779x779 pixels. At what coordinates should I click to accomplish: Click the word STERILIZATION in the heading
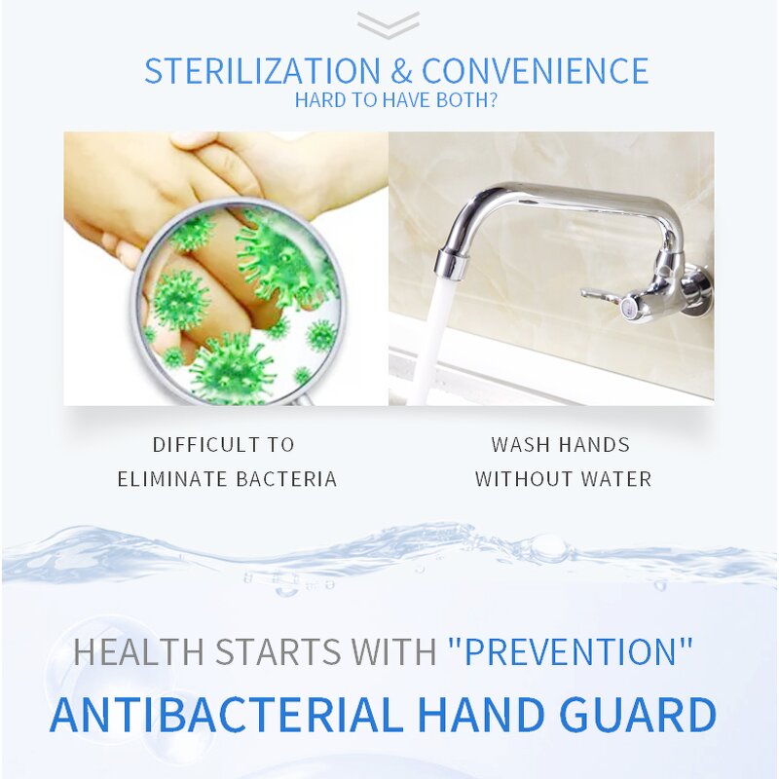[262, 71]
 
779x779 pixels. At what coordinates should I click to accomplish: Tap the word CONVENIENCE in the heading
[535, 71]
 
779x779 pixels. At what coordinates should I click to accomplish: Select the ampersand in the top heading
[402, 71]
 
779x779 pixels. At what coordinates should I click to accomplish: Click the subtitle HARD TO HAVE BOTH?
[396, 100]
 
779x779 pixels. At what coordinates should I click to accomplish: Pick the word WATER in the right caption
[615, 478]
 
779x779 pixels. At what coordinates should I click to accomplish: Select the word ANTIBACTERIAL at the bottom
[226, 714]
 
